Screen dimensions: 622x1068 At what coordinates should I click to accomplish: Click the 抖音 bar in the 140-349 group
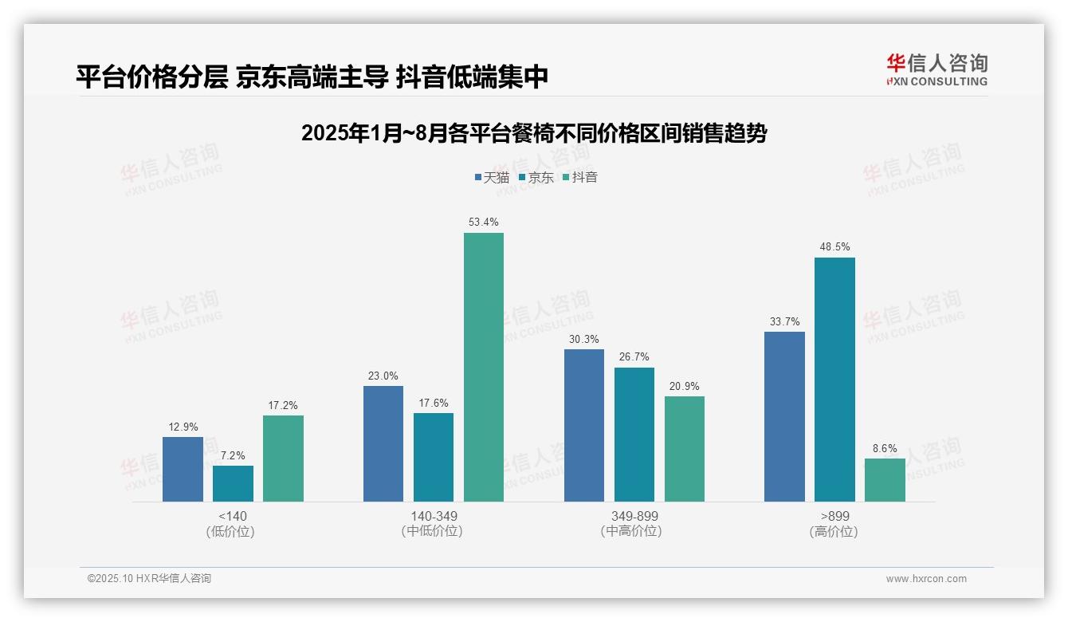click(x=484, y=367)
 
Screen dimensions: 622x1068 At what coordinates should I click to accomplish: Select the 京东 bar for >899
click(x=834, y=380)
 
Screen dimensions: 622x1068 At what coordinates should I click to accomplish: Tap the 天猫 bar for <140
click(x=183, y=469)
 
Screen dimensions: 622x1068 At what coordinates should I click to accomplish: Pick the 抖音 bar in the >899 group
click(x=885, y=480)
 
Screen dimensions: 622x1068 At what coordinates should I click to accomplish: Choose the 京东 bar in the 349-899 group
click(x=634, y=435)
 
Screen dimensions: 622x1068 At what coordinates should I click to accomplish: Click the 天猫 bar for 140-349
click(x=383, y=444)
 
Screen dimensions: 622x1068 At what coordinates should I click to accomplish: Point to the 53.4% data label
click(x=484, y=222)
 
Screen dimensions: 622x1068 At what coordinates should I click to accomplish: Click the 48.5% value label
click(x=834, y=247)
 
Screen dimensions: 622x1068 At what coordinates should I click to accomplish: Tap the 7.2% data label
click(x=233, y=455)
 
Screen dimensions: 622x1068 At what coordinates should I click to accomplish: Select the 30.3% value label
click(x=584, y=339)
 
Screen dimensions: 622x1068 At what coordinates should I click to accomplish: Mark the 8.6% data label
click(x=885, y=448)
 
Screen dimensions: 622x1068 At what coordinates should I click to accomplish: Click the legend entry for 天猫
click(x=492, y=178)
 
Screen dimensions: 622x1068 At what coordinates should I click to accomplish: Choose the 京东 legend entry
click(x=536, y=178)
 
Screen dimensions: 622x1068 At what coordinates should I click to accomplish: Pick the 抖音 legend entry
click(x=579, y=178)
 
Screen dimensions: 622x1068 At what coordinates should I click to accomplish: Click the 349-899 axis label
click(x=634, y=516)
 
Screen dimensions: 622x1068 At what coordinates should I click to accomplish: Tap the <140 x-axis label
click(x=232, y=516)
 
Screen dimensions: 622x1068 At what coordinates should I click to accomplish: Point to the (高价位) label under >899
click(x=834, y=531)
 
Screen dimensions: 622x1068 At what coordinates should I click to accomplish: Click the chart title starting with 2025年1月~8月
click(x=533, y=134)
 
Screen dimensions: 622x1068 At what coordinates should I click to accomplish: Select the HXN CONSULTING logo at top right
click(x=936, y=70)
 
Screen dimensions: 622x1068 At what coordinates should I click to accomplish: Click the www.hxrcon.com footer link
click(x=926, y=579)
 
